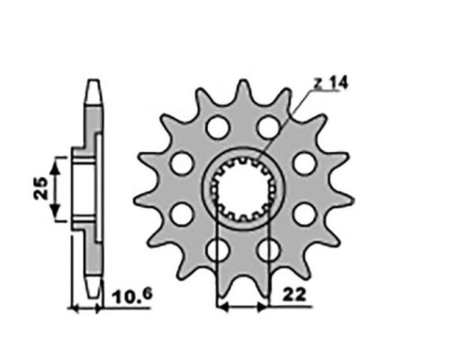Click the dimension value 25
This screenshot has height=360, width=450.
pos(41,188)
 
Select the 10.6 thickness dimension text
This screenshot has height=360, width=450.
pos(132,296)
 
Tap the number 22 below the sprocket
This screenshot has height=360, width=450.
pos(294,295)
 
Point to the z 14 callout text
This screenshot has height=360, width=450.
pos(330,83)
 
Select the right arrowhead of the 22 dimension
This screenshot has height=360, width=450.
pos(262,307)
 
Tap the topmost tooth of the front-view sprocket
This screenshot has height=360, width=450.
pos(244,88)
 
